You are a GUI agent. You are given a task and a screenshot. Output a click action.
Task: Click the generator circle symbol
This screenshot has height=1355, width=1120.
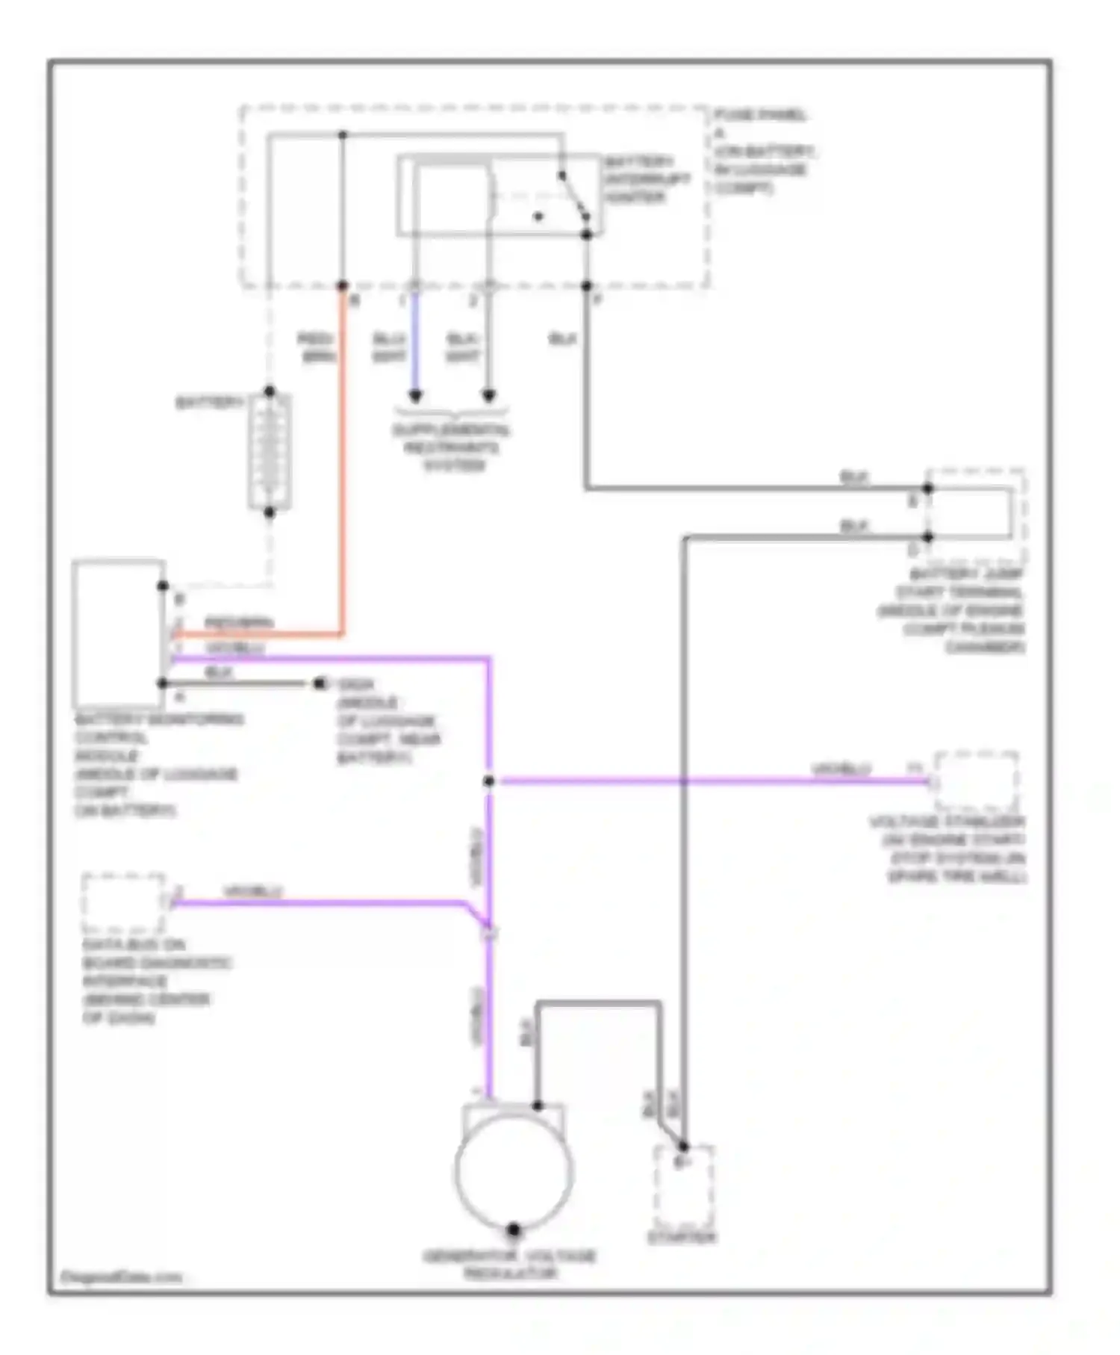pyautogui.click(x=514, y=1170)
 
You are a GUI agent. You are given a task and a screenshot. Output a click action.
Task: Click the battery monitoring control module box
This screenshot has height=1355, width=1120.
pyautogui.click(x=118, y=633)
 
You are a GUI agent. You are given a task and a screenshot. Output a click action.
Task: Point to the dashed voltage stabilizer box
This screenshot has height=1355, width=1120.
pyautogui.click(x=976, y=781)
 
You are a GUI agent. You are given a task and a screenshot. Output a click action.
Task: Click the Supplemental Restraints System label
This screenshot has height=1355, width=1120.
pyautogui.click(x=452, y=447)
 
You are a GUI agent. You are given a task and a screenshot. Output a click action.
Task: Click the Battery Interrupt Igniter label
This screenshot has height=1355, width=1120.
pyautogui.click(x=647, y=179)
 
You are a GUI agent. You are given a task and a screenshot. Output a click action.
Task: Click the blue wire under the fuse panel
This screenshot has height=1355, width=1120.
pyautogui.click(x=415, y=344)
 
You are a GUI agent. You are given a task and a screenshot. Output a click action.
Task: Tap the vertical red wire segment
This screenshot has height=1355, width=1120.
pyautogui.click(x=343, y=463)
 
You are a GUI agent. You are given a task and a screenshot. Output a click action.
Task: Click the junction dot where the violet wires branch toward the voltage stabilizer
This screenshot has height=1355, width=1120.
pyautogui.click(x=488, y=781)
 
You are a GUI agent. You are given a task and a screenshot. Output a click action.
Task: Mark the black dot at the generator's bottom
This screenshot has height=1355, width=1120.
pyautogui.click(x=514, y=1230)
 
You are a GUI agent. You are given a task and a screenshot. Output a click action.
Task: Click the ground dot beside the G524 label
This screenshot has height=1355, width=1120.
pyautogui.click(x=320, y=683)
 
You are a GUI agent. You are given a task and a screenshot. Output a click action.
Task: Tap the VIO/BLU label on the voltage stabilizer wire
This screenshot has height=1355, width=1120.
pyautogui.click(x=841, y=769)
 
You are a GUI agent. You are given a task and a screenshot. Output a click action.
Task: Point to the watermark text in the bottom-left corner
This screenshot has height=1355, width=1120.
pyautogui.click(x=120, y=1277)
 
